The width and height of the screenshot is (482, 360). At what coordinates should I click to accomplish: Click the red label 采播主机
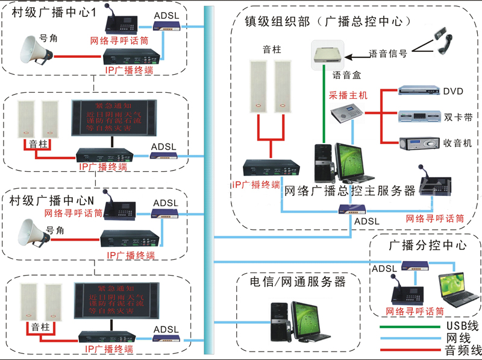(x=348, y=95)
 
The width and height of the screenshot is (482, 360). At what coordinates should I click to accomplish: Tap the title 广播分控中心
(x=428, y=245)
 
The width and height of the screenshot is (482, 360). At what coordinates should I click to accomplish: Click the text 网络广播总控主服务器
(x=349, y=191)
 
